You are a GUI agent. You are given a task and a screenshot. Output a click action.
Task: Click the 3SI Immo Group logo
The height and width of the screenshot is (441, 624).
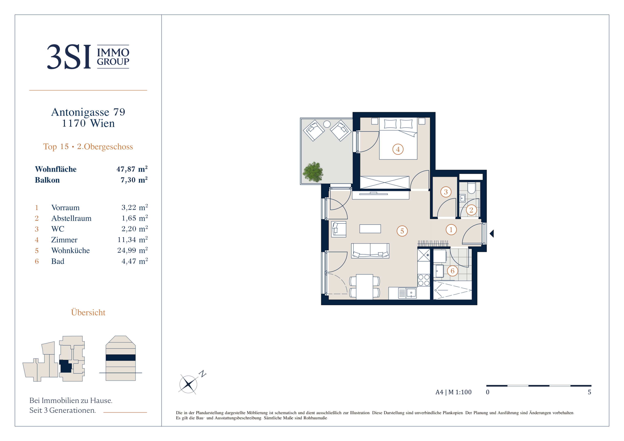[88, 57]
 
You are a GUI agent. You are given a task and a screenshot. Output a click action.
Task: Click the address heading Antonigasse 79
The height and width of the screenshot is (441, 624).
[88, 112]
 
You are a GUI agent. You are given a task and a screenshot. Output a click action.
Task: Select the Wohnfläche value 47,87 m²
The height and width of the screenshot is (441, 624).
[132, 169]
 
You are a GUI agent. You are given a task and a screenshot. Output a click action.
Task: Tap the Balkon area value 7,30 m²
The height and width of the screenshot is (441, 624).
[134, 180]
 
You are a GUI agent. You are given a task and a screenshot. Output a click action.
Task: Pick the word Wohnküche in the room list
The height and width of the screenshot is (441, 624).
[70, 250]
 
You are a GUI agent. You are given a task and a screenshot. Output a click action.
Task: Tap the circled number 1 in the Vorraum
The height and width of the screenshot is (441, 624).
[451, 230]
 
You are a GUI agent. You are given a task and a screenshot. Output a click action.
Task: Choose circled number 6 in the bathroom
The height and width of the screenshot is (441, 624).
[452, 271]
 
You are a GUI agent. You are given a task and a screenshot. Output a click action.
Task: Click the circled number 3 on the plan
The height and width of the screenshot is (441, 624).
[446, 192]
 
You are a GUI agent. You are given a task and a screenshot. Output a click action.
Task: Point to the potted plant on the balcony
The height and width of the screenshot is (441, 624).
[313, 172]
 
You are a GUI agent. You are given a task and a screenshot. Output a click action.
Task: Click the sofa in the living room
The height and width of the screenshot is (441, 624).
[370, 251]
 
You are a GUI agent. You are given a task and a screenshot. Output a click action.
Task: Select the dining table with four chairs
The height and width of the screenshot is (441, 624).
[364, 287]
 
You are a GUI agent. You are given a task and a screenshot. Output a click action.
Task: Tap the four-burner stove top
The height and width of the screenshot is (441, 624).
[424, 280]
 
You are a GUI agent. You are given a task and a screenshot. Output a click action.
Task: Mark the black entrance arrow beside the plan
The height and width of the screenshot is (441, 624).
[491, 233]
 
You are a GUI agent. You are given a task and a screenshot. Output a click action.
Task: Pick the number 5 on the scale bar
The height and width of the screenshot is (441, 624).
[589, 392]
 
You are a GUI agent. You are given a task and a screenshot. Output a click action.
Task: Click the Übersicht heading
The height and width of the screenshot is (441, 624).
[88, 312]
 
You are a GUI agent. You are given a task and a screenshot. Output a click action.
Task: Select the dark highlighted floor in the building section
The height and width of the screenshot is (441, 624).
[121, 357]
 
